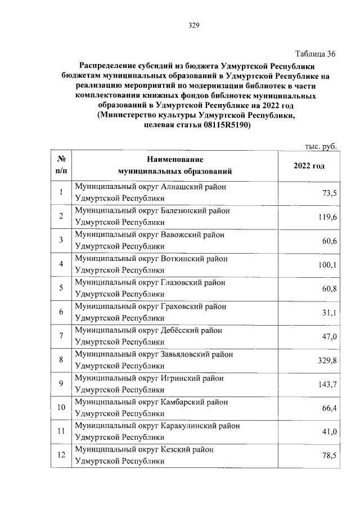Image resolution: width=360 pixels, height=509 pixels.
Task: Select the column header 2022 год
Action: [309, 166]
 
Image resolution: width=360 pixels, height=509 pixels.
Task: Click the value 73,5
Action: [328, 193]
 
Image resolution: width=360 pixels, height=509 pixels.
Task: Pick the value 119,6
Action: [326, 217]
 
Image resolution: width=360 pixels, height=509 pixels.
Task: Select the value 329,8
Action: [326, 360]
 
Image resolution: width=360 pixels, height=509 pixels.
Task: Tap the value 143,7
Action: [326, 384]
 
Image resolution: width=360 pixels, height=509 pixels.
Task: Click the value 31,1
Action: [328, 313]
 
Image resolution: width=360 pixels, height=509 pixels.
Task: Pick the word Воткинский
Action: [182, 259]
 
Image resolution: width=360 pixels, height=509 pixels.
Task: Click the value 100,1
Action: [326, 265]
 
